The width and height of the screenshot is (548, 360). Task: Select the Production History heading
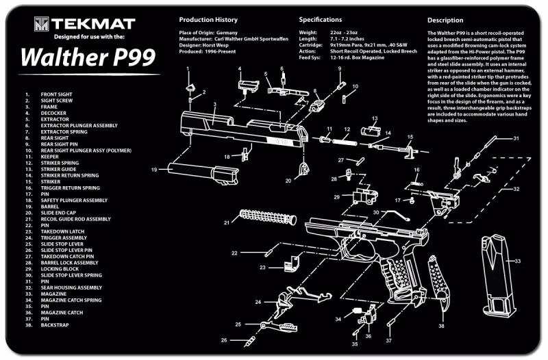[208, 20]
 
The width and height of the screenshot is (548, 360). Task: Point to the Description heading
[445, 20]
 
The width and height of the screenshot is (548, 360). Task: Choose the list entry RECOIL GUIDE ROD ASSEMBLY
[75, 219]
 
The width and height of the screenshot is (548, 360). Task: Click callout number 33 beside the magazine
[518, 261]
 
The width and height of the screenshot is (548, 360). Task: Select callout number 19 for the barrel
[154, 169]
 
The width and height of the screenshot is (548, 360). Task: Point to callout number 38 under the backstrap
[441, 326]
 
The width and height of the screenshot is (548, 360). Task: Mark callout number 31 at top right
[516, 139]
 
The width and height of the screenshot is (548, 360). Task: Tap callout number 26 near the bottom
[223, 340]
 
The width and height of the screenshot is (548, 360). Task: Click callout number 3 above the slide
[214, 105]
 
